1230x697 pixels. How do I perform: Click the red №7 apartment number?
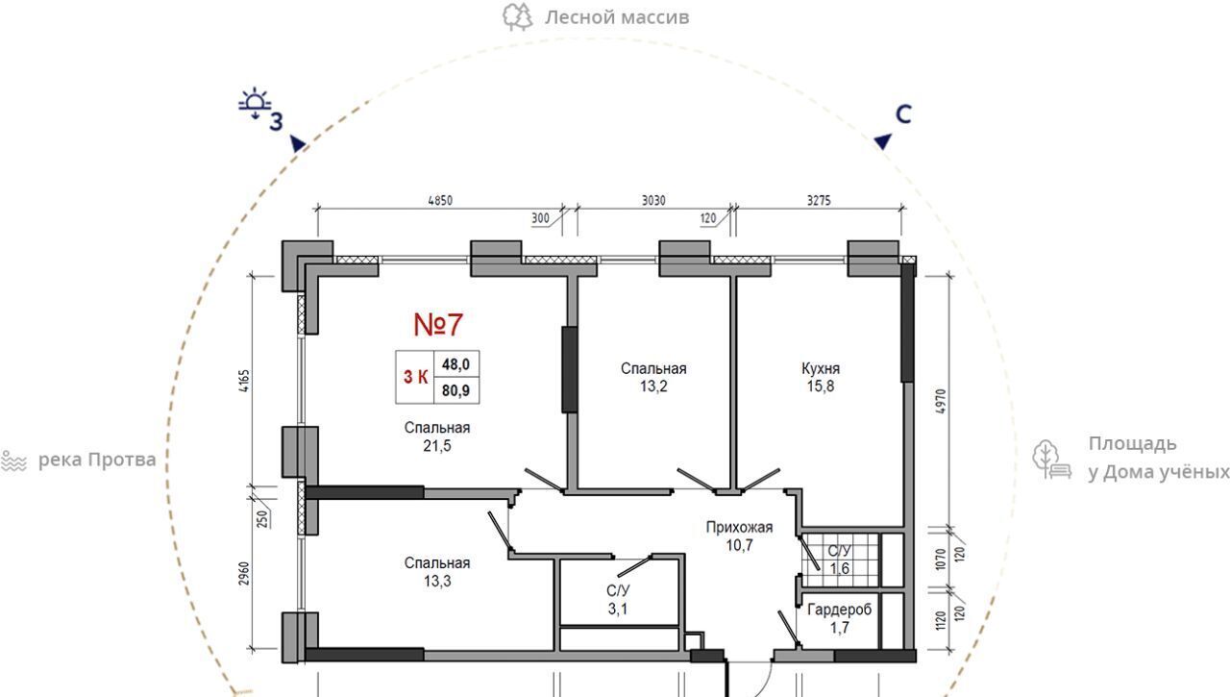(438, 325)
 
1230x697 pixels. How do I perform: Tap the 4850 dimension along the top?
(440, 201)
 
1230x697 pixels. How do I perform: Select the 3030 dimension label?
(653, 201)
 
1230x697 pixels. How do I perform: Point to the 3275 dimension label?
(819, 201)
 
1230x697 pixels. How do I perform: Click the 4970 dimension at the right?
(940, 402)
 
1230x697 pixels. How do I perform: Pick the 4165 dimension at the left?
(244, 381)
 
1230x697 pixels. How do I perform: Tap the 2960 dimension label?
(244, 573)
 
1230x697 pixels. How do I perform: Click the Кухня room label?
(821, 368)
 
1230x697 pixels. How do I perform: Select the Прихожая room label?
(739, 527)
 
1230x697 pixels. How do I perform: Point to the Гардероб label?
(840, 610)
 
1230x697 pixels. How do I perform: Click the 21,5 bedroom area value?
(437, 445)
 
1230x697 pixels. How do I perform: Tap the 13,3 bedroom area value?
(437, 581)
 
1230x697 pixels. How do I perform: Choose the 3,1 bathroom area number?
(618, 609)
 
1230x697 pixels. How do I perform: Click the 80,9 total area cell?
(455, 390)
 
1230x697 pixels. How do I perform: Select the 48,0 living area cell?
(455, 364)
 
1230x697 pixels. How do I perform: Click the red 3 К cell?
(415, 377)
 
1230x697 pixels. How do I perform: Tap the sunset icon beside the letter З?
(255, 103)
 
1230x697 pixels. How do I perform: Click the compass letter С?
(903, 114)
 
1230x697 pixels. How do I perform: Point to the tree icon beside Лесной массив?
(517, 17)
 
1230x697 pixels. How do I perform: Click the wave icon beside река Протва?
(13, 461)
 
